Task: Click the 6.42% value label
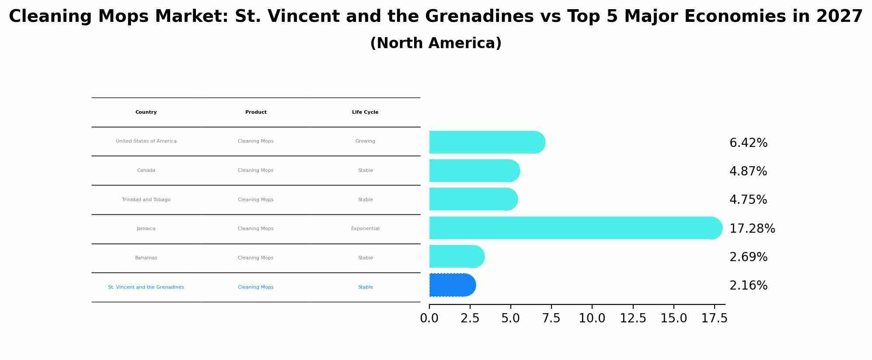pos(748,143)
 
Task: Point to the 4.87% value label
pos(748,171)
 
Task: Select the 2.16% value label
pos(748,286)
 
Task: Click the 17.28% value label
pos(752,229)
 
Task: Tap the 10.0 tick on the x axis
pos(592,318)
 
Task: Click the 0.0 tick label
pos(429,318)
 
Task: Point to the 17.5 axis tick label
pos(714,318)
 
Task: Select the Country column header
pos(146,112)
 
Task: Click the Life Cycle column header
pos(365,112)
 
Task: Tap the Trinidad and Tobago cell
pos(146,200)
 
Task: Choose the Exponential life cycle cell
pos(365,229)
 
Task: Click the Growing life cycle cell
pos(365,141)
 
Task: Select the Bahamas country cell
pos(146,258)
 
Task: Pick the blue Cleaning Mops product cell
pos(255,287)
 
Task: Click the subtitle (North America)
pos(436,43)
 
